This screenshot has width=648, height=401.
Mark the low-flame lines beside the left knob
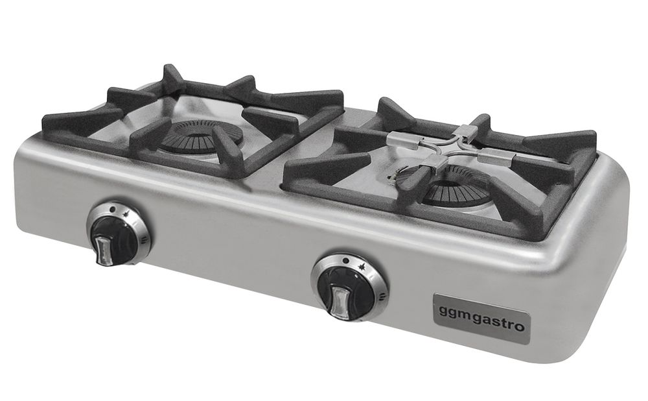coord(144,239)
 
